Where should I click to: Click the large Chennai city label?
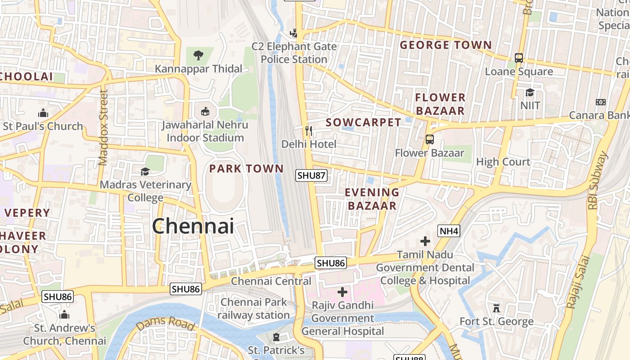pyautogui.click(x=193, y=226)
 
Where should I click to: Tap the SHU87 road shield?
pyautogui.click(x=311, y=175)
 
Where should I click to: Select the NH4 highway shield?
pyautogui.click(x=449, y=231)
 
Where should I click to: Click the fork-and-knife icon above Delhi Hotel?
pyautogui.click(x=309, y=131)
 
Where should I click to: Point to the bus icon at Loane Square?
pyautogui.click(x=519, y=58)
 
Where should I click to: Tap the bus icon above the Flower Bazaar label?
pyautogui.click(x=430, y=139)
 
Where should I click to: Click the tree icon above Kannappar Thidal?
pyautogui.click(x=198, y=55)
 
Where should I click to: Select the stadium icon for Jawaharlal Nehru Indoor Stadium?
pyautogui.click(x=205, y=111)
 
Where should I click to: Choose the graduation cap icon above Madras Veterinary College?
pyautogui.click(x=145, y=171)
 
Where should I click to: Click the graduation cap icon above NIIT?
pyautogui.click(x=530, y=92)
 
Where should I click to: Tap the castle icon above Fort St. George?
pyautogui.click(x=496, y=308)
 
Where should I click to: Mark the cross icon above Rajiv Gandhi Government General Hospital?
pyautogui.click(x=342, y=292)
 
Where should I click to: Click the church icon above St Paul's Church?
pyautogui.click(x=43, y=113)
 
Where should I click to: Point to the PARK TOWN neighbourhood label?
pyautogui.click(x=247, y=169)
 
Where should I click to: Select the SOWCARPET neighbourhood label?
pyautogui.click(x=363, y=122)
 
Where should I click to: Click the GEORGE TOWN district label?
pyautogui.click(x=445, y=45)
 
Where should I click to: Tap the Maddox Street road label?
pyautogui.click(x=103, y=128)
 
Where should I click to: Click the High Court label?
pyautogui.click(x=503, y=162)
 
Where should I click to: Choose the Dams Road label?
pyautogui.click(x=165, y=323)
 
